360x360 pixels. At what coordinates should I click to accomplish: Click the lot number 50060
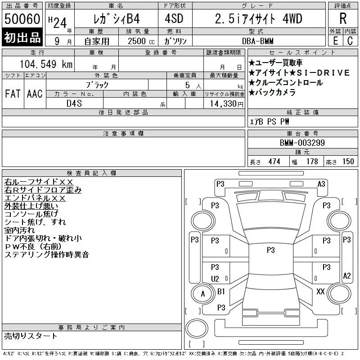[x=22, y=19]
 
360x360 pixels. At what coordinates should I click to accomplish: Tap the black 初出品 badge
[x=22, y=37]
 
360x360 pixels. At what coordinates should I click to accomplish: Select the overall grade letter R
[x=343, y=18]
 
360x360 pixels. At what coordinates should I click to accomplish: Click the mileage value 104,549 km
[x=46, y=64]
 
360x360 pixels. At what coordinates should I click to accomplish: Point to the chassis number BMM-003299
[x=302, y=143]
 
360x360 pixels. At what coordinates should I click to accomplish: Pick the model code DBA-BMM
[x=257, y=41]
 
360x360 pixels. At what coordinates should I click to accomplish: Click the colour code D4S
[x=74, y=103]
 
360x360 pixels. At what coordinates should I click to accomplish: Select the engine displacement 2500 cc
[x=141, y=41]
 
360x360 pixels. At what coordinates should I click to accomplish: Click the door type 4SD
[x=174, y=18]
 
